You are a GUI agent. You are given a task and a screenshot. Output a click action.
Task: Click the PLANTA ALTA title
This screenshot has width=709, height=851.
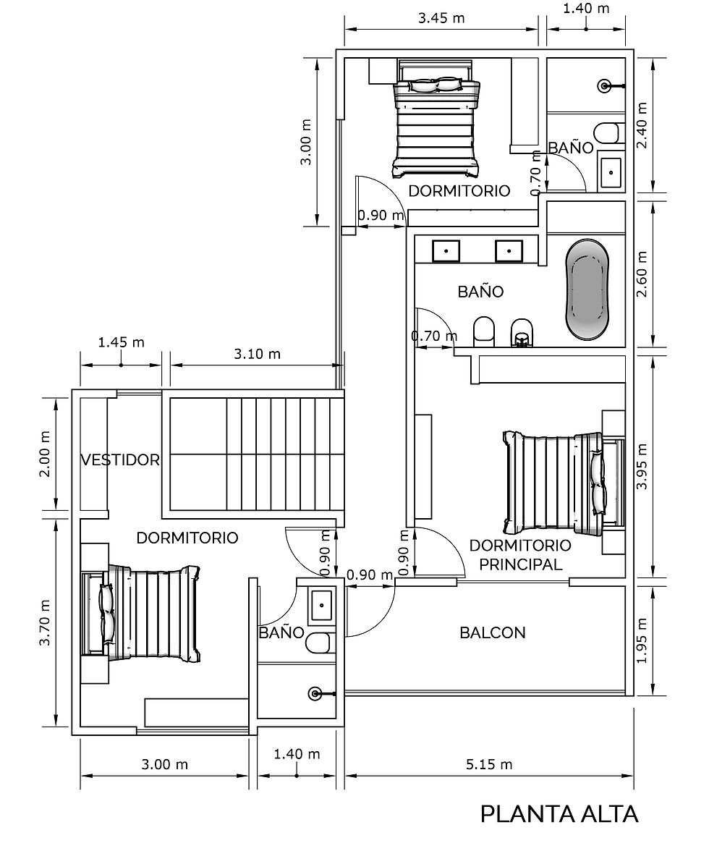click(x=559, y=814)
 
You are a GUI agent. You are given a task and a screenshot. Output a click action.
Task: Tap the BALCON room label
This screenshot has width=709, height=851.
click(x=493, y=632)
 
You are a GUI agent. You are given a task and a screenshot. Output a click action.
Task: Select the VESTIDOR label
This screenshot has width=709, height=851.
click(x=120, y=460)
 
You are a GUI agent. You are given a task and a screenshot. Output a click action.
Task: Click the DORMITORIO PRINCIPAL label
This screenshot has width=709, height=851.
click(x=520, y=554)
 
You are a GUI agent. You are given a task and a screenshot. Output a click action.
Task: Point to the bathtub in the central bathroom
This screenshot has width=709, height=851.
click(x=587, y=291)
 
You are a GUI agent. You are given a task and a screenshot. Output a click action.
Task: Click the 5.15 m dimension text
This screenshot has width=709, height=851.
click(x=489, y=764)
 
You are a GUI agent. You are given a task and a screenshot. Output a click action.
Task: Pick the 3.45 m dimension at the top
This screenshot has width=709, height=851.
click(x=441, y=18)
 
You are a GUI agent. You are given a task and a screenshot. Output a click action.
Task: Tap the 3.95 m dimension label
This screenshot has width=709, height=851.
click(x=642, y=467)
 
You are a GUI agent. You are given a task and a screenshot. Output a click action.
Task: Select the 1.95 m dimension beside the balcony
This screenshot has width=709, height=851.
click(x=642, y=640)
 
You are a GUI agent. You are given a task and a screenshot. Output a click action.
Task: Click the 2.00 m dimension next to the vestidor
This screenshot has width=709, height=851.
click(x=45, y=454)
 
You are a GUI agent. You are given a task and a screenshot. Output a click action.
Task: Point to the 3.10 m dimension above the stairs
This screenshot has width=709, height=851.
click(x=257, y=355)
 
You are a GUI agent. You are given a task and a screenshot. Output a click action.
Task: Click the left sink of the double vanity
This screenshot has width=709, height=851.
click(x=446, y=251)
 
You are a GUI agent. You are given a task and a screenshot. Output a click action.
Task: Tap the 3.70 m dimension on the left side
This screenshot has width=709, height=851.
click(x=45, y=622)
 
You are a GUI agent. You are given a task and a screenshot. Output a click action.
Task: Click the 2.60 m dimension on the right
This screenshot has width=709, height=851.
click(x=642, y=274)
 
